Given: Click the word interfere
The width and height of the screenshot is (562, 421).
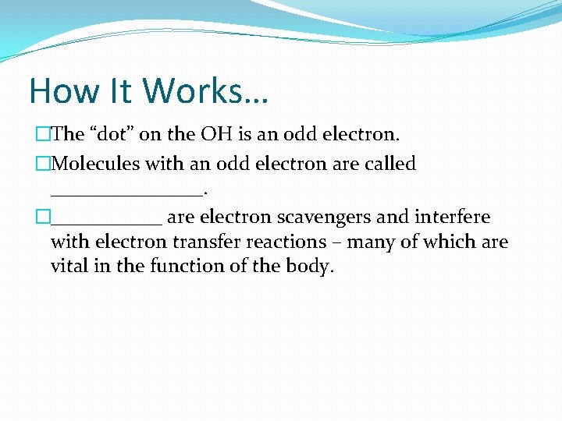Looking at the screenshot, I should click(x=452, y=218).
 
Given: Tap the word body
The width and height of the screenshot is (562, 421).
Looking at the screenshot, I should click(x=311, y=267).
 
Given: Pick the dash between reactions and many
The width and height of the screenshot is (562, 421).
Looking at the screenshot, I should click(x=337, y=242).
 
